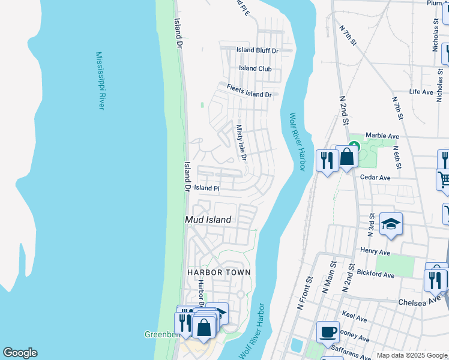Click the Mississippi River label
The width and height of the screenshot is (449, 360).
tap(100, 80)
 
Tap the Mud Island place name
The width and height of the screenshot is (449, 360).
tap(208, 220)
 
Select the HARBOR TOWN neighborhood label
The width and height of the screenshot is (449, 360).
tap(218, 272)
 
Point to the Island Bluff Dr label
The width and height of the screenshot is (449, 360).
tap(258, 50)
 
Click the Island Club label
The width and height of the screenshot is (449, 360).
tap(255, 68)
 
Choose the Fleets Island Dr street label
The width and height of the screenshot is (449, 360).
tap(249, 91)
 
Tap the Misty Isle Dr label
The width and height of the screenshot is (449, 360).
tap(241, 143)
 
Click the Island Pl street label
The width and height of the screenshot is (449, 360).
tap(206, 188)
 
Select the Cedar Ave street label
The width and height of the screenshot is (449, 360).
tap(375, 178)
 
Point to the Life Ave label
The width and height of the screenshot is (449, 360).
tap(421, 92)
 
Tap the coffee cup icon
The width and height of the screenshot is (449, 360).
tap(328, 331)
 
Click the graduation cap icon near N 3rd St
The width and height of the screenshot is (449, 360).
tap(391, 224)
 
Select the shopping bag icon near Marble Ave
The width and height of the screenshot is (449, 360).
tap(347, 157)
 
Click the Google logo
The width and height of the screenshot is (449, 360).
tap(20, 353)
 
